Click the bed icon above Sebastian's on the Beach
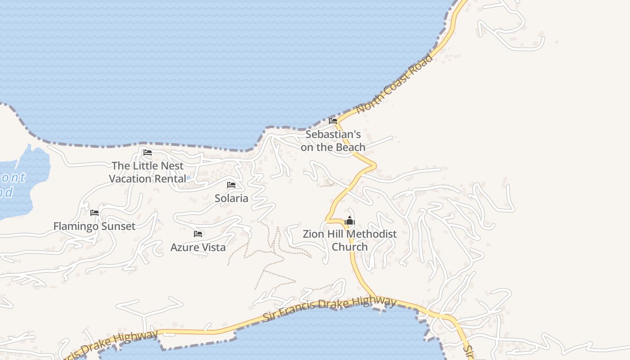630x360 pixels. click(x=333, y=121)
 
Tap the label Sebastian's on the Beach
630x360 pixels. click(x=333, y=141)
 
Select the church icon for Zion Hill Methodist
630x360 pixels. click(x=350, y=221)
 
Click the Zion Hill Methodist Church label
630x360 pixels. click(x=350, y=240)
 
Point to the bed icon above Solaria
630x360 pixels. click(x=231, y=185)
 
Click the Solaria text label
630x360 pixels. click(x=231, y=198)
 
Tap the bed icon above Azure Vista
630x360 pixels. click(x=198, y=234)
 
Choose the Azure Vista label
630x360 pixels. click(x=198, y=247)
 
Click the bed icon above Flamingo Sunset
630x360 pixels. click(x=94, y=213)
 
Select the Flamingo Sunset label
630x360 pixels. click(x=94, y=226)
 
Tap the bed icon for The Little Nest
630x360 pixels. click(x=147, y=153)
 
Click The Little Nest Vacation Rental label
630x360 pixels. click(x=148, y=172)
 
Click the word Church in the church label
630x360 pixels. click(x=350, y=247)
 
